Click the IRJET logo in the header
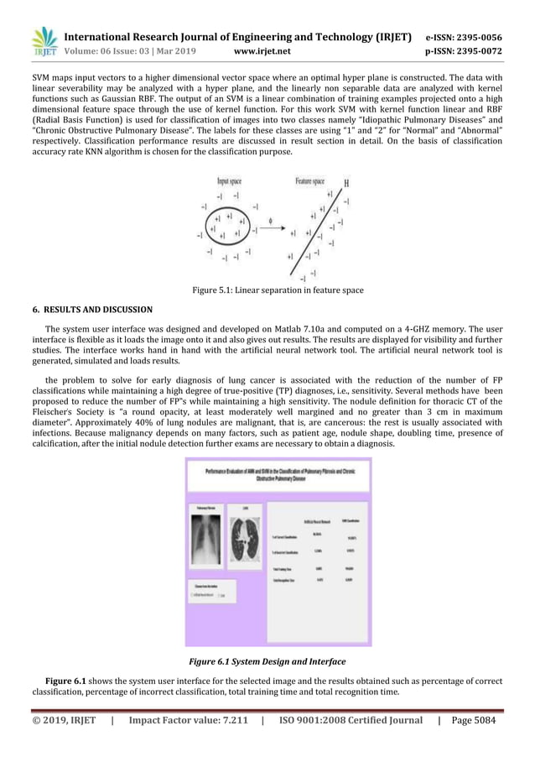point(44,43)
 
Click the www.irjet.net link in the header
point(262,51)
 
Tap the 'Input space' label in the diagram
point(233,180)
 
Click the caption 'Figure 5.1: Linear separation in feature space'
point(278,290)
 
